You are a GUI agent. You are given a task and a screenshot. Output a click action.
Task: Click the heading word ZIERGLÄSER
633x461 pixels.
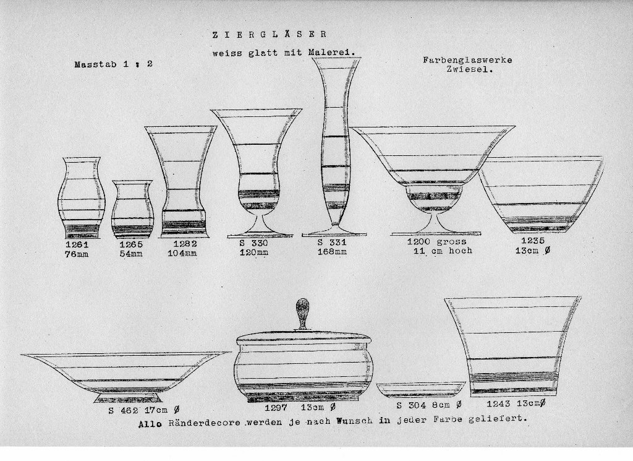[x=270, y=35]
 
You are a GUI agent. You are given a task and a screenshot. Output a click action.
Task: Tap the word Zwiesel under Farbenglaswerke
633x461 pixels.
[x=470, y=69]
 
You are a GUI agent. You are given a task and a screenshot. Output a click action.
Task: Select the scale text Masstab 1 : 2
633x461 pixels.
[x=114, y=64]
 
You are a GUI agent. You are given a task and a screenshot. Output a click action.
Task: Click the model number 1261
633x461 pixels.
[x=77, y=244]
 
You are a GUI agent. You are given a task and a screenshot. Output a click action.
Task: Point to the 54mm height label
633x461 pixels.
[x=131, y=254]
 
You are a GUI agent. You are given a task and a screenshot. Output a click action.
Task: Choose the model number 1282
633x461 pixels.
[x=185, y=244]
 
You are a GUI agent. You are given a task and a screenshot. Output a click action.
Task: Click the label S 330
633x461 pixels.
[x=253, y=243]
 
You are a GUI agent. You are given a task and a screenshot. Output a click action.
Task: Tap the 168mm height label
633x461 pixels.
[x=332, y=252]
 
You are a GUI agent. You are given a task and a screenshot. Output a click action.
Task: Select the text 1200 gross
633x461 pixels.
[x=437, y=241]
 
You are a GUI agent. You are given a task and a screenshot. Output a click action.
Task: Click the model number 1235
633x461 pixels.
[x=533, y=241]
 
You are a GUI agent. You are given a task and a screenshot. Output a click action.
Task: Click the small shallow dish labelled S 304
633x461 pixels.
[x=421, y=390]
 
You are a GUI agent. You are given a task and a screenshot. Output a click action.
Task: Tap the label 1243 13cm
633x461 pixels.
[x=516, y=403]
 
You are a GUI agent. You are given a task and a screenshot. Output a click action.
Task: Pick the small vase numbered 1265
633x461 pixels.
[x=132, y=209]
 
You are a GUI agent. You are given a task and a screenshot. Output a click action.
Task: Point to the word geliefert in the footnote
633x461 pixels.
[x=498, y=419]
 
